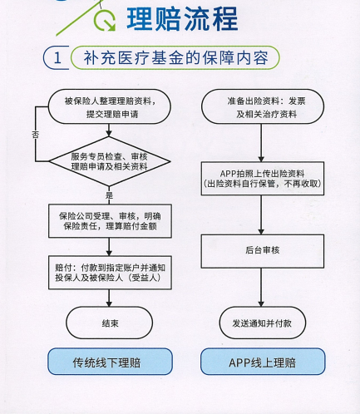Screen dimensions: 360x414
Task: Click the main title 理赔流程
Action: point(182,19)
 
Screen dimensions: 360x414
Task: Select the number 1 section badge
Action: point(57,57)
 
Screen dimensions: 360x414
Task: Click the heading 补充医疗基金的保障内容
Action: point(175,58)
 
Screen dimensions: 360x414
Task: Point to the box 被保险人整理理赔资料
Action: point(110,106)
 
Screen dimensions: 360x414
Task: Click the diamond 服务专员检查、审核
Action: point(110,161)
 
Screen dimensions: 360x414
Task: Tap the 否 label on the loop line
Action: point(35,135)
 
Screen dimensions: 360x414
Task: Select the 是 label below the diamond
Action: point(109,195)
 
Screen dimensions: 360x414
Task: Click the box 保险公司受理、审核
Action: point(110,221)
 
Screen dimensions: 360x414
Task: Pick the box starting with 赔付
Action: point(110,273)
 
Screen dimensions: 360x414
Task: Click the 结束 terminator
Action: point(110,323)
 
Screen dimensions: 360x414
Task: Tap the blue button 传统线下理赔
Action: point(110,362)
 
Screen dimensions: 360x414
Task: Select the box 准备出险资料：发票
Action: point(263,106)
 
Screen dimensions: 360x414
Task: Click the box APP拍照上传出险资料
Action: point(263,179)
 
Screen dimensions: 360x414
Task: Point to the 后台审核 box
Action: point(263,251)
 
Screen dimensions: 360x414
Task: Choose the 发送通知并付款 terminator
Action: point(263,323)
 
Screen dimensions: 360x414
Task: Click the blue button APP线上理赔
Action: point(263,362)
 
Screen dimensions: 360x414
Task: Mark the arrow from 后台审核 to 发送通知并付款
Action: point(261,288)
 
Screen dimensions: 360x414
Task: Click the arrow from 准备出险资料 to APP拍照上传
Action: point(261,143)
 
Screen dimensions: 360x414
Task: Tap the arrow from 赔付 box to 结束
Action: point(109,298)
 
